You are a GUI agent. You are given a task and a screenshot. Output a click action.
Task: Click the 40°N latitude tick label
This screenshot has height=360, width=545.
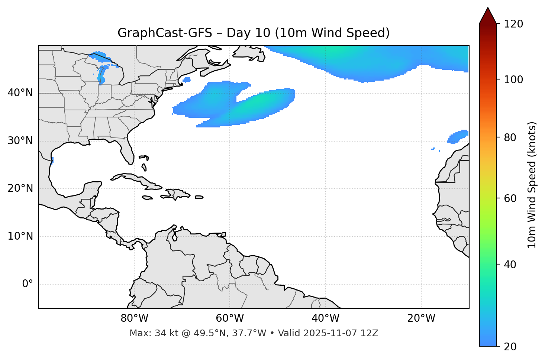pos(20,93)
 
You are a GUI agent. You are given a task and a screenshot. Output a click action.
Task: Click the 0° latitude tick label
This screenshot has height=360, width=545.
pos(28,284)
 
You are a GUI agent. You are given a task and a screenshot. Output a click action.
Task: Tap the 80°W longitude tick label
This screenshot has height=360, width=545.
pos(134,318)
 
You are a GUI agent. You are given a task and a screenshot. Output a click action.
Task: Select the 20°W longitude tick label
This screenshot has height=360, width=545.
pos(421,318)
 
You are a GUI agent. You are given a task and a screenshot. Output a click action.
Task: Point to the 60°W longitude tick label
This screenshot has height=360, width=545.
pos(230,318)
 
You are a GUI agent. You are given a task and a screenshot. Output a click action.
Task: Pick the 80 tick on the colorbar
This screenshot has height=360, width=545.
pos(513,138)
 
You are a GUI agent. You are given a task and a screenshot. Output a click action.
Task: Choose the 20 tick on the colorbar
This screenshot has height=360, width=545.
pos(513,346)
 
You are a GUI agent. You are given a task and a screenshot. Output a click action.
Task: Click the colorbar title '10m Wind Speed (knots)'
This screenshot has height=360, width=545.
pos(532,185)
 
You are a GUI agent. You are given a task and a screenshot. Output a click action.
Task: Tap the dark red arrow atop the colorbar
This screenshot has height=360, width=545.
pos(487,16)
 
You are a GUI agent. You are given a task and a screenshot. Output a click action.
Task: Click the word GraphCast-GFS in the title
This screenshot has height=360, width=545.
pos(165,33)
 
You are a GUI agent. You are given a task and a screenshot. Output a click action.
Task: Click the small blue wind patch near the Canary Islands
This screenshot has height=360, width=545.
pos(457,137)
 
